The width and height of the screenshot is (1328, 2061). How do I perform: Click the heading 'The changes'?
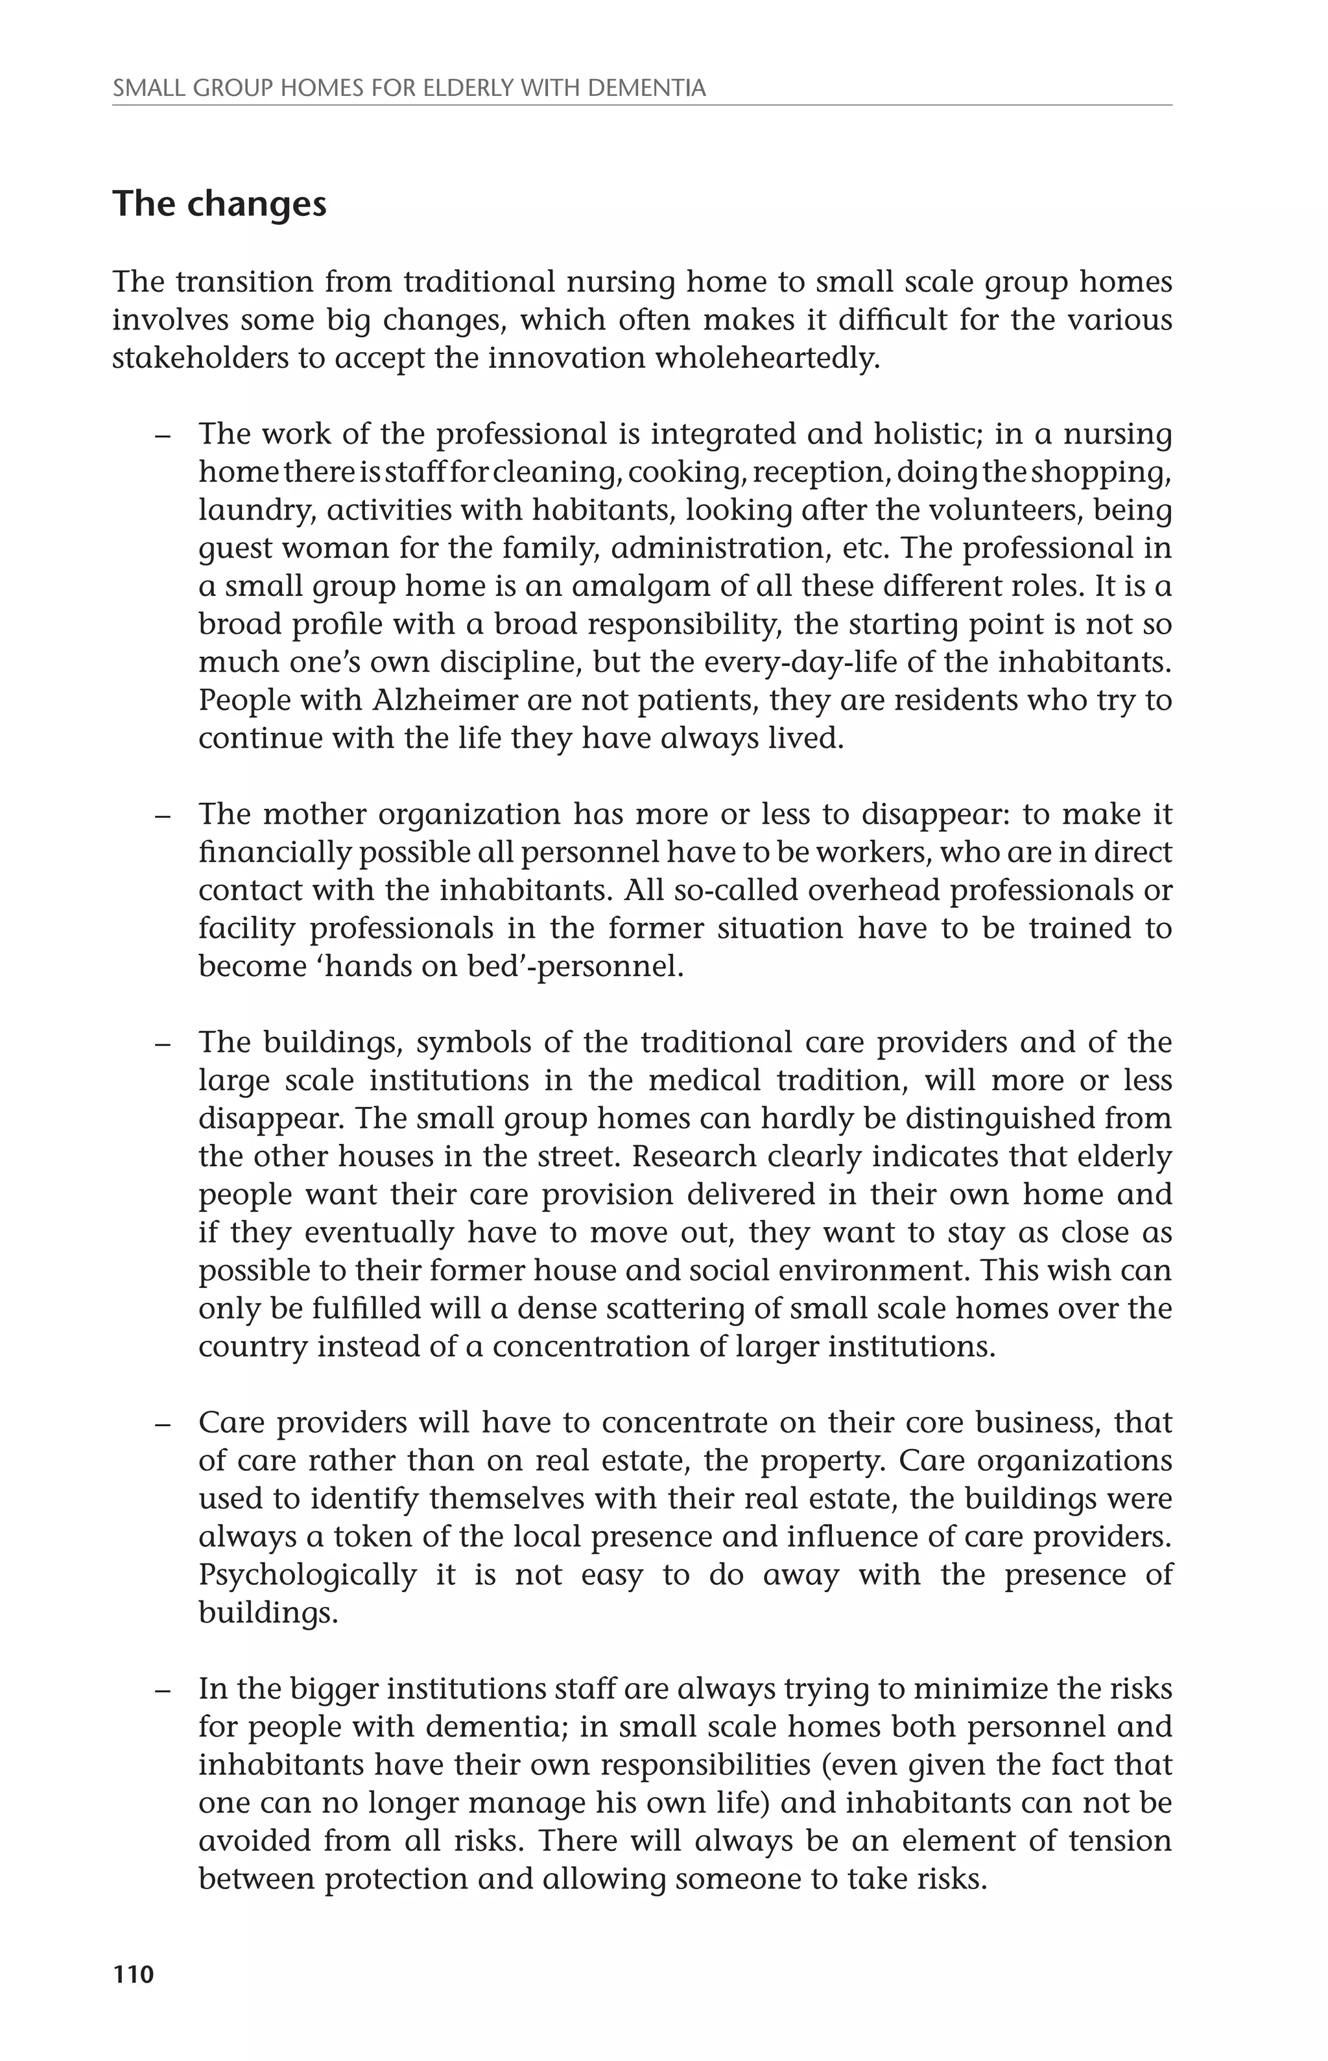[x=219, y=204]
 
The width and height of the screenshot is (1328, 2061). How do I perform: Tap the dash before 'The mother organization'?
[x=162, y=815]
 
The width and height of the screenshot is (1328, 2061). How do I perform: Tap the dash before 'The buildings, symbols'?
[x=162, y=1043]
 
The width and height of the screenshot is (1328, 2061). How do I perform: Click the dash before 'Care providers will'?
[x=162, y=1423]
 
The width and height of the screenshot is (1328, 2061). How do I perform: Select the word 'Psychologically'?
[x=307, y=1575]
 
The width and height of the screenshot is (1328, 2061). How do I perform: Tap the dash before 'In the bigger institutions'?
[x=162, y=1689]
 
